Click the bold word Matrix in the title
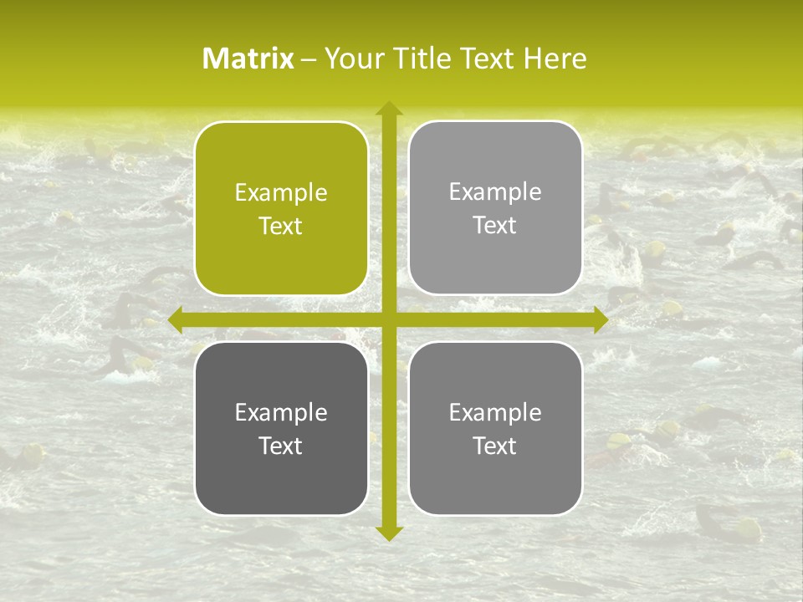pyautogui.click(x=248, y=59)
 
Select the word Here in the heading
pyautogui.click(x=555, y=59)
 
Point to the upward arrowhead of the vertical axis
pyautogui.click(x=389, y=109)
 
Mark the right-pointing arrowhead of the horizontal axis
pyautogui.click(x=600, y=319)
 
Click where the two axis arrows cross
pyautogui.click(x=389, y=319)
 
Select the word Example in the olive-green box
pyautogui.click(x=281, y=193)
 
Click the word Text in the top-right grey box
pyautogui.click(x=495, y=226)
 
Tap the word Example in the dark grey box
pyautogui.click(x=281, y=412)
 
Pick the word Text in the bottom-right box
pyautogui.click(x=495, y=446)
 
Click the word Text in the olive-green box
pyautogui.click(x=281, y=227)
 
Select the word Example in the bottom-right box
pyautogui.click(x=495, y=412)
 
